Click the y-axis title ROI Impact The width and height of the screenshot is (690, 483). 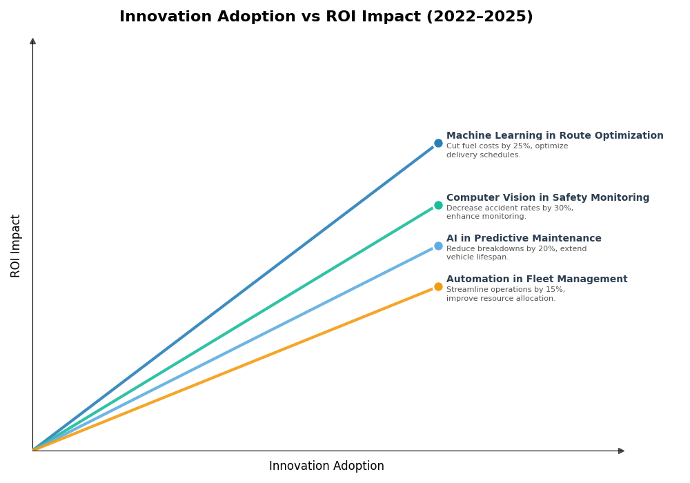pos(16,246)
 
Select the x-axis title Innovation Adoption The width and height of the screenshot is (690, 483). pos(326,466)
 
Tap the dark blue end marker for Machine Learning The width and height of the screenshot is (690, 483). pos(438,144)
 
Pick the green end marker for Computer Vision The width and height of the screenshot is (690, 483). pos(438,205)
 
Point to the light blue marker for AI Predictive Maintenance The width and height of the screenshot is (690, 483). pos(438,246)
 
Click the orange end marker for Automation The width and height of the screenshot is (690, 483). pos(438,286)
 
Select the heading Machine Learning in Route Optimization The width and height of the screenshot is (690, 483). pos(555,136)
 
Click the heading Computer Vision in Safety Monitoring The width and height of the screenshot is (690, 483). pos(548,198)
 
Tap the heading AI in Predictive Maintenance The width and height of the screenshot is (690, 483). pos(524,239)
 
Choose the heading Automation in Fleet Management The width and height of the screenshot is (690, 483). pos(537,279)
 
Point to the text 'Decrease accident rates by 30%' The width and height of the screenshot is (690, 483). pos(509,208)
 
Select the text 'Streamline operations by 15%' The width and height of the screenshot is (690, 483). pos(504,290)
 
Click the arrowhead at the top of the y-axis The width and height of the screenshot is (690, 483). pos(32,41)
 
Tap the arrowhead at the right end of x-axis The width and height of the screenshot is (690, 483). pos(621,451)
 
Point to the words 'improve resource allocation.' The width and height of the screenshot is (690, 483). pos(501,299)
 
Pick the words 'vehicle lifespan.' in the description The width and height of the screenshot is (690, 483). pos(477,257)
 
